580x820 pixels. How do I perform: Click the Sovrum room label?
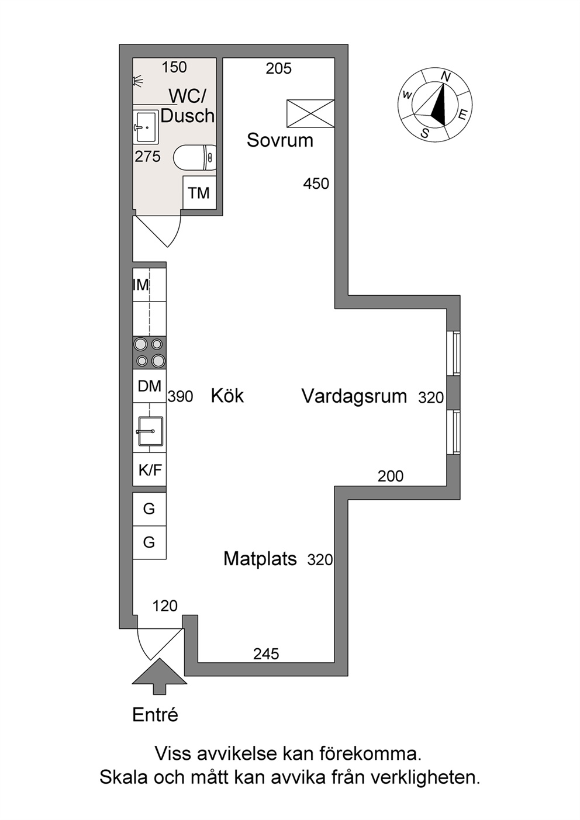click(x=280, y=140)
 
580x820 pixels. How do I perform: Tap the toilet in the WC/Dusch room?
click(x=195, y=157)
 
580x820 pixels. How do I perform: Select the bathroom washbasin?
click(x=146, y=127)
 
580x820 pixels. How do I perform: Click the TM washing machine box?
click(x=199, y=192)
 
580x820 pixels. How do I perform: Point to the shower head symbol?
click(x=137, y=81)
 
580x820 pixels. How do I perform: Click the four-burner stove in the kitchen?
click(x=150, y=352)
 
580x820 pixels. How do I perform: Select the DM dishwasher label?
click(x=150, y=386)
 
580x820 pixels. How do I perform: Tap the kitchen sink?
click(x=150, y=431)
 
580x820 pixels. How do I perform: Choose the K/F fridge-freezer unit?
click(x=150, y=470)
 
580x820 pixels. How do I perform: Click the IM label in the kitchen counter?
click(x=141, y=285)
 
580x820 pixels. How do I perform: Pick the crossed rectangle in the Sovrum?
click(x=310, y=113)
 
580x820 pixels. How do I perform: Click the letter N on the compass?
click(x=446, y=76)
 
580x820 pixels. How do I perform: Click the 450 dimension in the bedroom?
click(x=316, y=184)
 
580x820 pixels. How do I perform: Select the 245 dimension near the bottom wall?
click(x=266, y=654)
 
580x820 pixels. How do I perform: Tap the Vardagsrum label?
click(x=354, y=396)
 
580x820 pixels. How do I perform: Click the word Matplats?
click(x=260, y=559)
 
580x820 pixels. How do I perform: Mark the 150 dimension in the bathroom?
click(x=174, y=67)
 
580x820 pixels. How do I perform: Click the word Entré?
click(x=156, y=715)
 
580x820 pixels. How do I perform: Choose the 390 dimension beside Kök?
click(x=180, y=396)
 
